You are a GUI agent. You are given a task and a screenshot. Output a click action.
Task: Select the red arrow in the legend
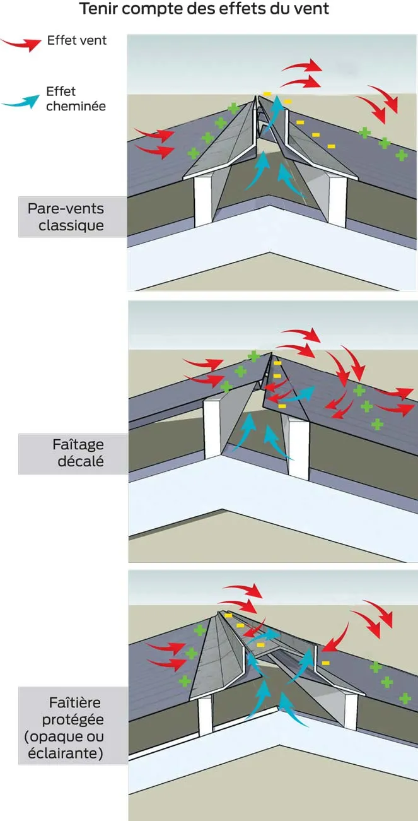(20, 44)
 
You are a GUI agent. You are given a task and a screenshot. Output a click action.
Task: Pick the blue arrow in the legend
(20, 101)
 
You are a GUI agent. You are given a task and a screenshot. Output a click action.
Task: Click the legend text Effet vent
(77, 41)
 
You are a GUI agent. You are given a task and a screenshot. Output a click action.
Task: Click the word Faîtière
(74, 703)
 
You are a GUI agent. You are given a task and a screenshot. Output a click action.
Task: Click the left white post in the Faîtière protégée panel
(205, 713)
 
